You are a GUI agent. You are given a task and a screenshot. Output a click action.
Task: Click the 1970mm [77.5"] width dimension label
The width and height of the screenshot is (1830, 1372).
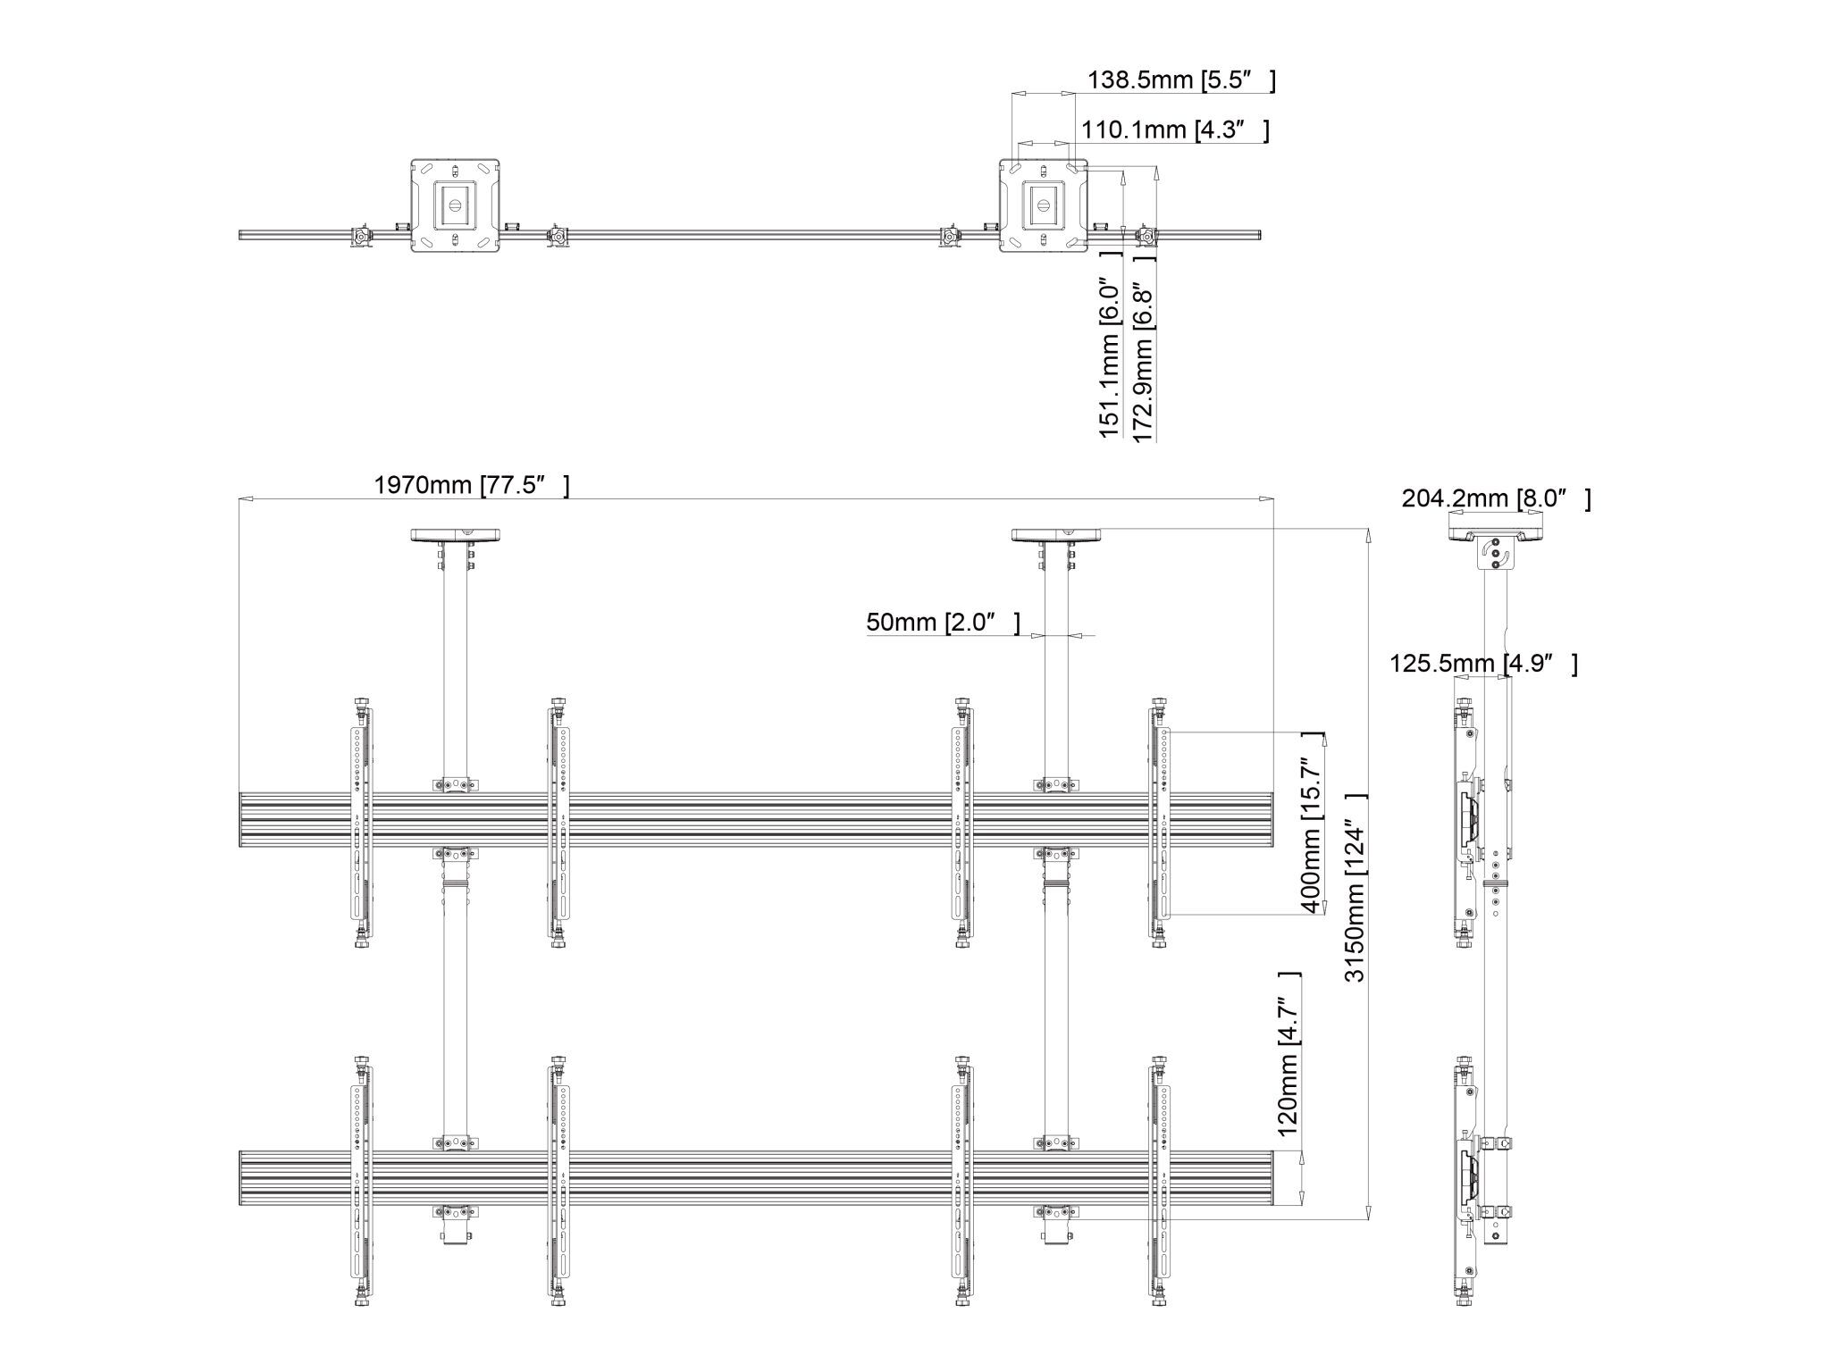(471, 485)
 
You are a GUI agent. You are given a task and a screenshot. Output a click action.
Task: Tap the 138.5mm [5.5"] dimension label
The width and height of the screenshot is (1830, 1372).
(1180, 80)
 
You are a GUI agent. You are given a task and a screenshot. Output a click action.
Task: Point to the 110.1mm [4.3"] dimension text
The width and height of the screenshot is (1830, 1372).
(1174, 130)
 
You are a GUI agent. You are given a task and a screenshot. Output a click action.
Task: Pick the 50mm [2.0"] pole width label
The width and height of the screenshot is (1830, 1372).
(942, 622)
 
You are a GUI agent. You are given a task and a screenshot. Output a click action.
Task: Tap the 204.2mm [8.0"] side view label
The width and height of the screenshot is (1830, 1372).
(1495, 498)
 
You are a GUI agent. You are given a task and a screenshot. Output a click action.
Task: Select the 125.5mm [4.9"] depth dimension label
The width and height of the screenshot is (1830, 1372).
(1482, 664)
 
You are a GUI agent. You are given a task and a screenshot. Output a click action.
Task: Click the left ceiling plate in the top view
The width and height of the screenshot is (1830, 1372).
(455, 205)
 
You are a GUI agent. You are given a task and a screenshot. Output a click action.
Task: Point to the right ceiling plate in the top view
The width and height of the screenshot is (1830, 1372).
(1043, 205)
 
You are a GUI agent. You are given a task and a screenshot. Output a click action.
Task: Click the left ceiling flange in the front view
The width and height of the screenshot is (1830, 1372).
(455, 535)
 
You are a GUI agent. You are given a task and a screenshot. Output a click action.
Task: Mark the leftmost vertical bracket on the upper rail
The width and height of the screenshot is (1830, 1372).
(361, 822)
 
